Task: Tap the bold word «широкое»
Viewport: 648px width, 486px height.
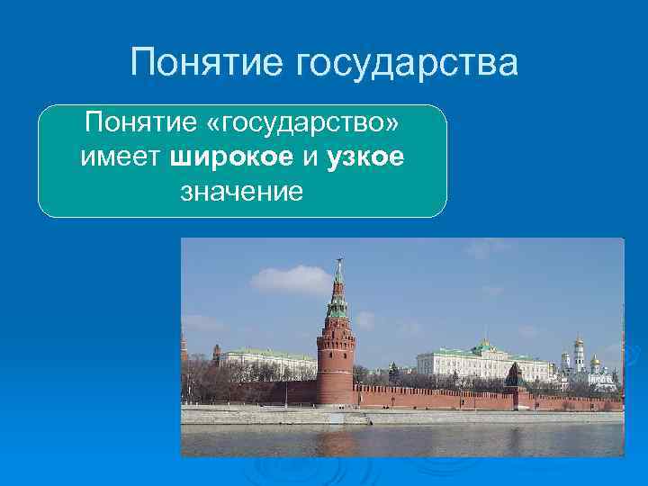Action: coord(230,157)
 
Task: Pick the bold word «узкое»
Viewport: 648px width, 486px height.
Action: coord(365,157)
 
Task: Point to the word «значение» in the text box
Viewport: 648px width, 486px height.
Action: coord(242,191)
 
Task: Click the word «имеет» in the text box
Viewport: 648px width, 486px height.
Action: coord(120,157)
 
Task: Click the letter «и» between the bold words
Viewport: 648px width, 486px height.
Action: coord(310,157)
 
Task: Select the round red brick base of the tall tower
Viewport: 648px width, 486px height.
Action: coord(335,369)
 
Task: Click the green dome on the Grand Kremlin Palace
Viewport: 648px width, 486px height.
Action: coord(486,345)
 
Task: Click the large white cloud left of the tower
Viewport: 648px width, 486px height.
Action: coord(290,280)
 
